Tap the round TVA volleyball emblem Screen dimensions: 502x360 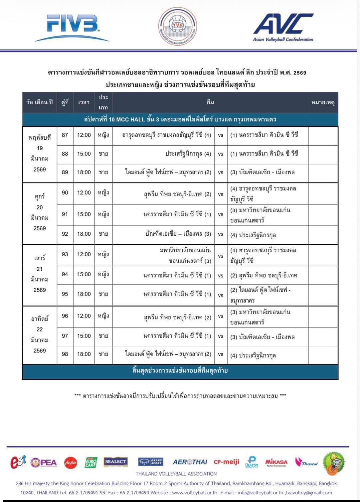click(x=177, y=26)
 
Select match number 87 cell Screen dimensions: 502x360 click(x=65, y=135)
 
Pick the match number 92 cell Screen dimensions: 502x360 click(x=65, y=234)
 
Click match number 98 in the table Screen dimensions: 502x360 click(x=65, y=354)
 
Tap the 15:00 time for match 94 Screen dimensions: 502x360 click(x=84, y=275)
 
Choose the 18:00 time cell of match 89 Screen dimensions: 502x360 click(x=84, y=172)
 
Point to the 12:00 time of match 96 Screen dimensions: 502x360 click(x=84, y=316)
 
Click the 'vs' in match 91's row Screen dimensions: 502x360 click(x=221, y=214)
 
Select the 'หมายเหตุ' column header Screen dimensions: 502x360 click(x=323, y=102)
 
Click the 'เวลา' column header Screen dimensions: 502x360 click(x=84, y=102)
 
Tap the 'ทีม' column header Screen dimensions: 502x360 click(x=210, y=102)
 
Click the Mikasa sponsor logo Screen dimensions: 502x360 click(x=276, y=462)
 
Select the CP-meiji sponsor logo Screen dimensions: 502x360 click(x=226, y=462)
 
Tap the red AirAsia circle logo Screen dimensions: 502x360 click(x=71, y=462)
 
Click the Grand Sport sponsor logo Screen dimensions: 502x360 click(x=151, y=462)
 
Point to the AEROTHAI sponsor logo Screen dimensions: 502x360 click(x=190, y=462)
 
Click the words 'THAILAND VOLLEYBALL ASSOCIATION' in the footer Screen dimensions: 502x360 click(x=176, y=474)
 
